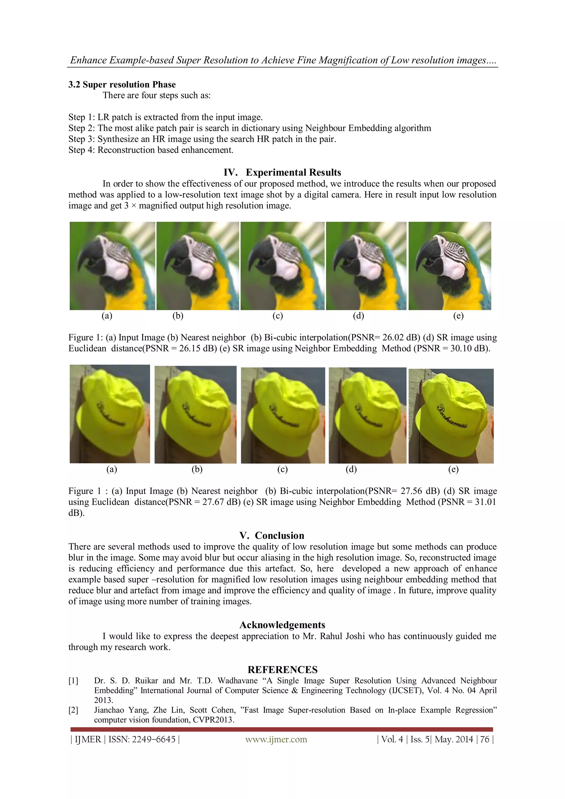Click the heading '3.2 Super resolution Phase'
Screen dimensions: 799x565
122,85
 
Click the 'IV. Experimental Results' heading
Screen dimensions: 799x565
282,172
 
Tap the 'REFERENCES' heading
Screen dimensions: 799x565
282,670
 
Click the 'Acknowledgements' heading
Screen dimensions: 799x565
282,625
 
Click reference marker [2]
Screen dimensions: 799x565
73,710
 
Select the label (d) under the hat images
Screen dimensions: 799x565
351,469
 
